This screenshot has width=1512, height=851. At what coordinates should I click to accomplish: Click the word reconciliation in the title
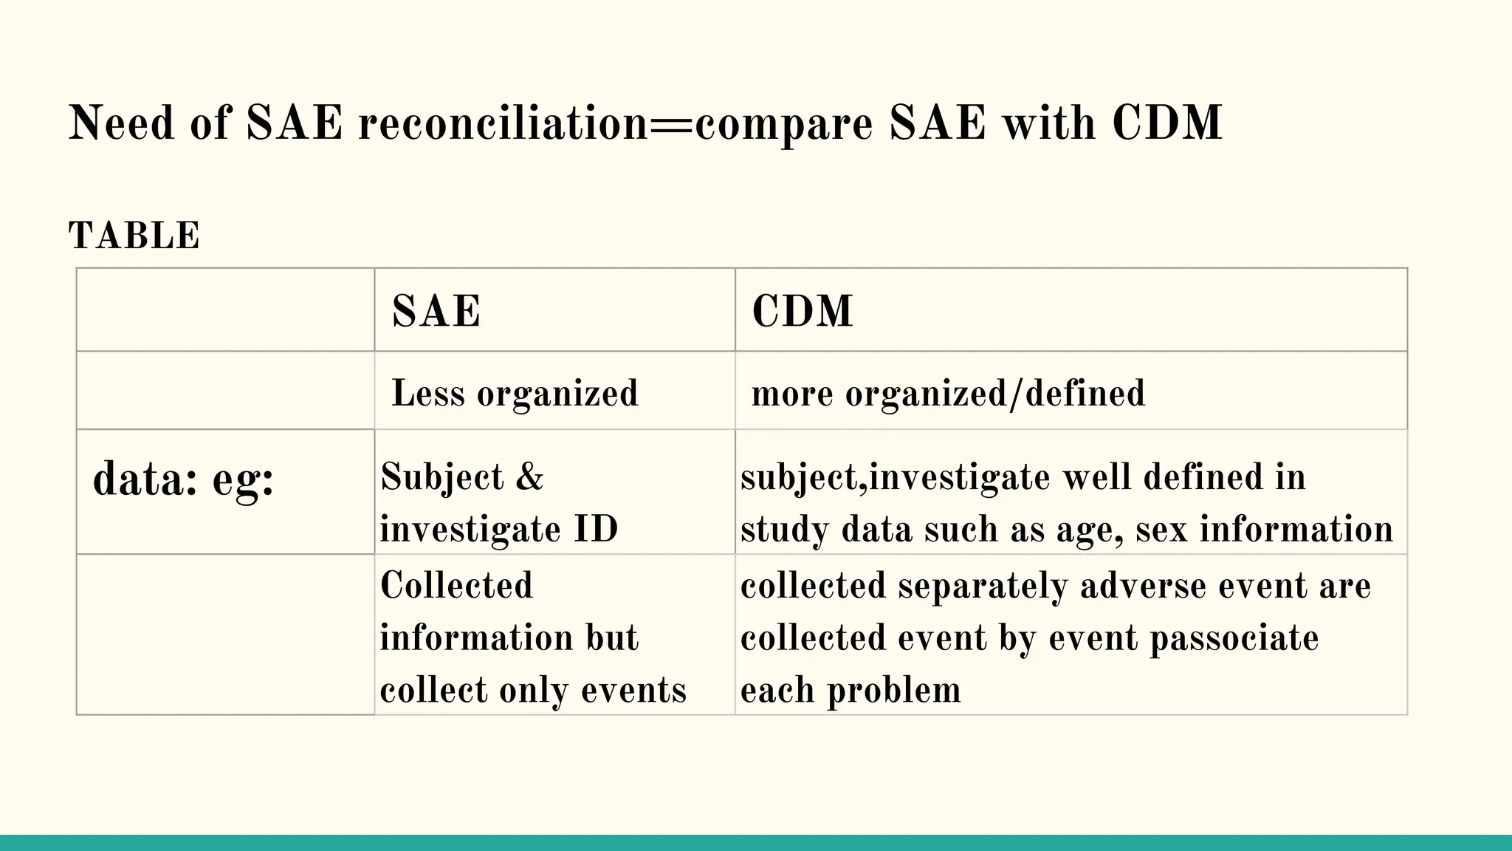(503, 123)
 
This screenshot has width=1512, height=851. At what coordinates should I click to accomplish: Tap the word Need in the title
(121, 123)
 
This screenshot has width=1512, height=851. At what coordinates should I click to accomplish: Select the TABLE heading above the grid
(134, 236)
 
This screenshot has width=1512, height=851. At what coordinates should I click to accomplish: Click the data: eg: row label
(183, 480)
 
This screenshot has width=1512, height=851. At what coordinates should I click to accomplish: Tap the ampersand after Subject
(529, 477)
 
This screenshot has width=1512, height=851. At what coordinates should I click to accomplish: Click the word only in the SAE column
(534, 691)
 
